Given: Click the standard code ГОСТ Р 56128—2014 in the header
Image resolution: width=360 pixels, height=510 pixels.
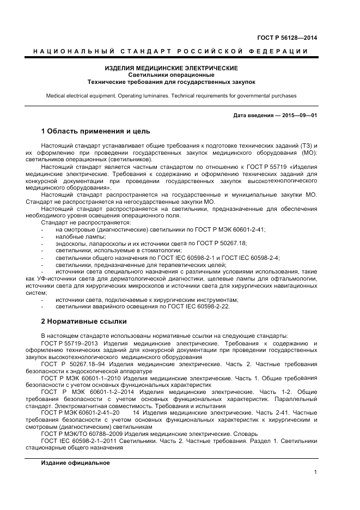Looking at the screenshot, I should click(x=286, y=38).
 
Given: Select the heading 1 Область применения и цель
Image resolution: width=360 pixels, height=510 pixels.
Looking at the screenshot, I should click(x=95, y=131).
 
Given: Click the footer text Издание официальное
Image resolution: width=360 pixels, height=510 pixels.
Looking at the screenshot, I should click(x=75, y=463).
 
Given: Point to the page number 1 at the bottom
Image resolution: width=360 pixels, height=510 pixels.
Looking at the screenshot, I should click(x=315, y=472).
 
